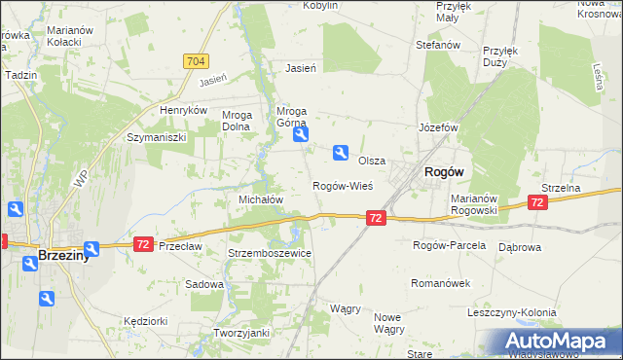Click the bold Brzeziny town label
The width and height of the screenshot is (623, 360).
(64, 255)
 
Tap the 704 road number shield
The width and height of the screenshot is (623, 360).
(195, 61)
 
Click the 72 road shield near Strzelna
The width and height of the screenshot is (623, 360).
(537, 201)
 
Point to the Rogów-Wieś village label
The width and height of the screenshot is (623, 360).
(342, 185)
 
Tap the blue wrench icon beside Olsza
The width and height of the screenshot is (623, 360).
(341, 152)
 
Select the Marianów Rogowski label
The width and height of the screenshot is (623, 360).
(475, 204)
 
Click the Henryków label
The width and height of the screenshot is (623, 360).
(185, 110)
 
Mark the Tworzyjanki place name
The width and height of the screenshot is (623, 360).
(241, 332)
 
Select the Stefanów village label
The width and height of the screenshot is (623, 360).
(437, 45)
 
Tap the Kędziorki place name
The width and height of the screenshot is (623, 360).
(147, 320)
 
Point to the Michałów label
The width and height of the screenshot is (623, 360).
(261, 198)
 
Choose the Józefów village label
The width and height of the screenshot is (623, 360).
(438, 127)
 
